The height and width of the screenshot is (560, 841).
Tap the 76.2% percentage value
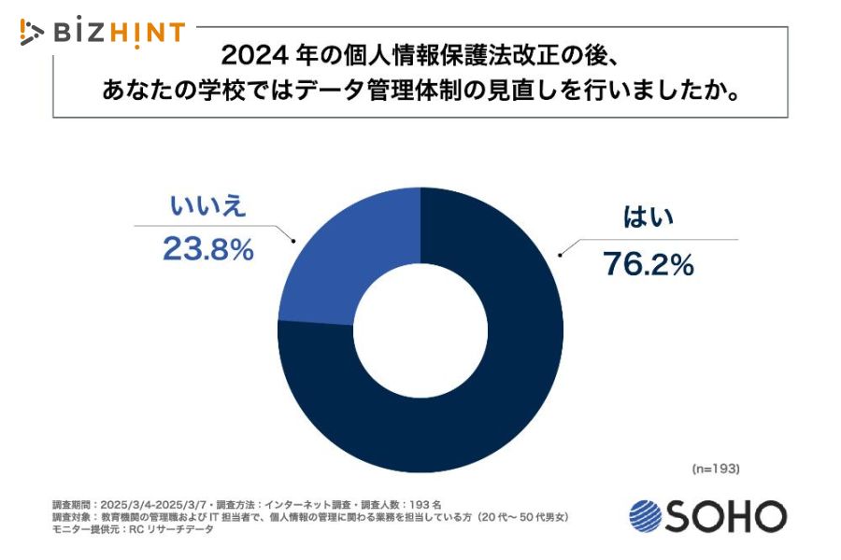tap(648, 265)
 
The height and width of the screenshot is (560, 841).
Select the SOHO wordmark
tap(725, 515)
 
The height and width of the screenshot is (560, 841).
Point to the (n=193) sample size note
tap(716, 468)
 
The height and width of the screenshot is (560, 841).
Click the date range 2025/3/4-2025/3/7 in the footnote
tap(153, 504)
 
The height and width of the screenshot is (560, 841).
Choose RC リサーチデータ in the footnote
tap(172, 529)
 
